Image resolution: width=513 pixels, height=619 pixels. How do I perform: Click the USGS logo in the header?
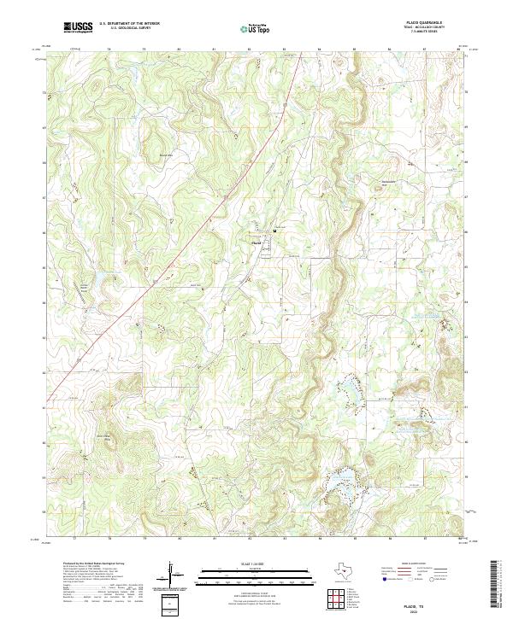[78, 27]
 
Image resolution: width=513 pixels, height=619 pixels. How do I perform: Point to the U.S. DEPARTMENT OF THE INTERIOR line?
[129, 24]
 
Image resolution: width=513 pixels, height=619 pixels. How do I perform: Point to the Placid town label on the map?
[256, 241]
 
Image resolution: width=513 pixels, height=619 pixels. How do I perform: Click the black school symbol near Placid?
[274, 231]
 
